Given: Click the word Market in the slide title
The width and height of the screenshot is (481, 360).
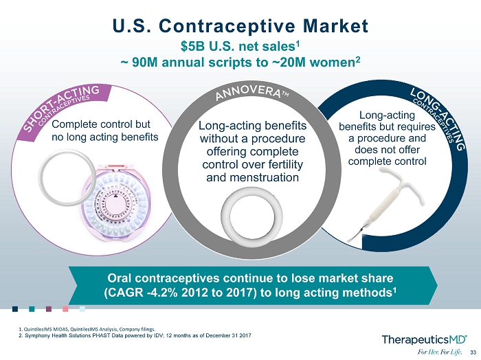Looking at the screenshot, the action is click(x=335, y=25).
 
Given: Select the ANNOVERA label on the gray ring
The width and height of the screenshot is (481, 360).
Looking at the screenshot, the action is click(x=248, y=92).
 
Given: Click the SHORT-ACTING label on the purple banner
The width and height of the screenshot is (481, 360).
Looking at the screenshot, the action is click(x=61, y=106).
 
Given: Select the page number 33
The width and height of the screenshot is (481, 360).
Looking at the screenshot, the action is click(x=473, y=352).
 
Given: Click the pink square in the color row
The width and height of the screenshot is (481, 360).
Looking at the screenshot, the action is click(x=65, y=308).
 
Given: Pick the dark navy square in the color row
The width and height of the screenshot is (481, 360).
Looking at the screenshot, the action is click(x=15, y=308).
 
